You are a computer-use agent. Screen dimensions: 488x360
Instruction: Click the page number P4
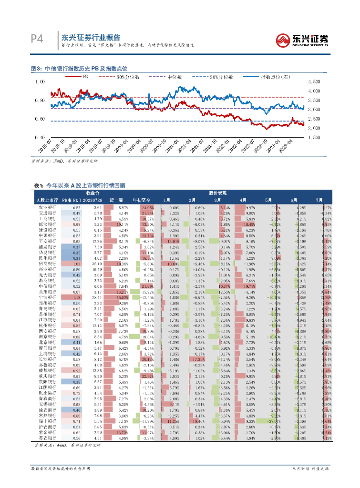37,39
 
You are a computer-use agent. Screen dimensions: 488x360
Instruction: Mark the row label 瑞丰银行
47,422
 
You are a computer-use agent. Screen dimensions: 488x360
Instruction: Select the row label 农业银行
47,208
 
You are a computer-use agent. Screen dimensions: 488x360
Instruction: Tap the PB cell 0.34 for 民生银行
77,258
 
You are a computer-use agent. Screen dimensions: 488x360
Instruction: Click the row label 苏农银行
47,438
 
